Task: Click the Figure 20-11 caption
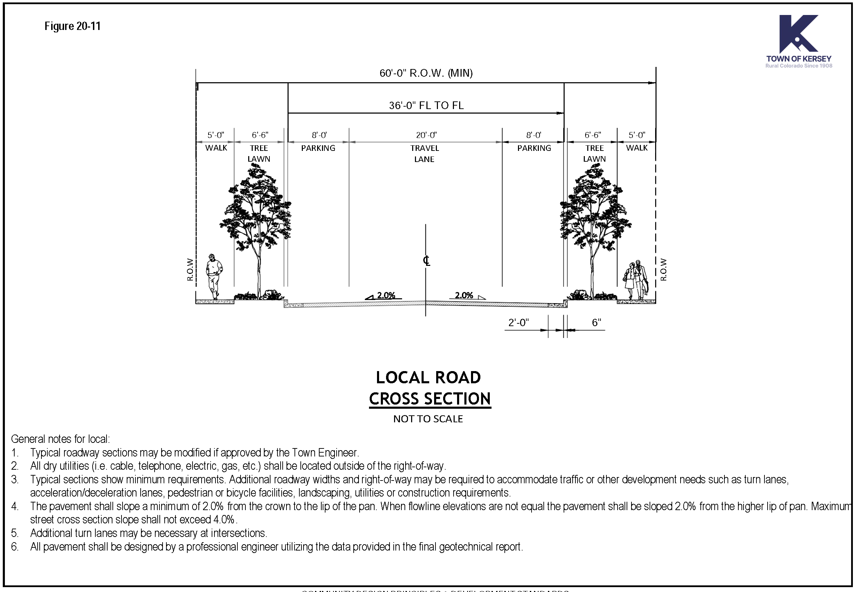point(72,26)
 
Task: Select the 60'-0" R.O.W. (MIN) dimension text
point(426,73)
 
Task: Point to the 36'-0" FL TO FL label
point(426,106)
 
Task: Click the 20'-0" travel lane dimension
point(426,135)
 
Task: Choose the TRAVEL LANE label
point(424,154)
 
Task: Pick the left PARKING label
point(318,148)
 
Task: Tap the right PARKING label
point(534,148)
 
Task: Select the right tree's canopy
point(595,208)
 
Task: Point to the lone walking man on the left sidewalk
point(214,276)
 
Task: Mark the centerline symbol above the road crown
point(426,261)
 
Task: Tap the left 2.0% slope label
point(386,295)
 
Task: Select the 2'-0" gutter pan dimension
point(518,323)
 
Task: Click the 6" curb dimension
point(596,323)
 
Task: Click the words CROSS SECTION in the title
point(430,399)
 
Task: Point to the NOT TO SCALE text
point(428,419)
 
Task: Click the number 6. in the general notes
point(15,547)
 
